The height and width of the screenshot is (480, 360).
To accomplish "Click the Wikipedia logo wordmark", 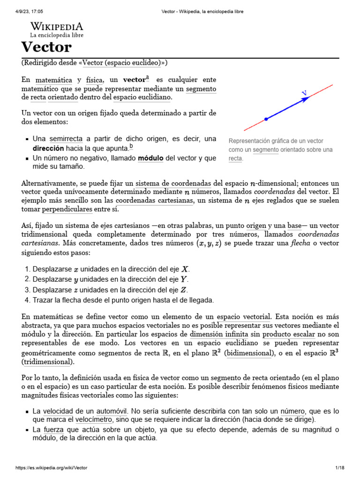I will pos(57,26).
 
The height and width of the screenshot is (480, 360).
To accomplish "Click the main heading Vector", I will pos(46,47).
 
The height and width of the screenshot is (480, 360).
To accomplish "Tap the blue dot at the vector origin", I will pos(266,119).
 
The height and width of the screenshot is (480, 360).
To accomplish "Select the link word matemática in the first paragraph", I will pos(54,80).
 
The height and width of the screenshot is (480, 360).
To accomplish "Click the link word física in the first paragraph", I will pos(94,80).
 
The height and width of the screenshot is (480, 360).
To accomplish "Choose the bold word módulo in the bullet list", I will pos(150,158).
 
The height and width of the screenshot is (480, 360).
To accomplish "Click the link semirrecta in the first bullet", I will pos(66,139).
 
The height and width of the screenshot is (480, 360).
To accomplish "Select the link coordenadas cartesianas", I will pos(155,201).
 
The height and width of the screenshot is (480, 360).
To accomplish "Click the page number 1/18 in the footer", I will pos(340,468).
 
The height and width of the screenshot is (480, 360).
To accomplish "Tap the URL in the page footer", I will pos(52,468).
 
